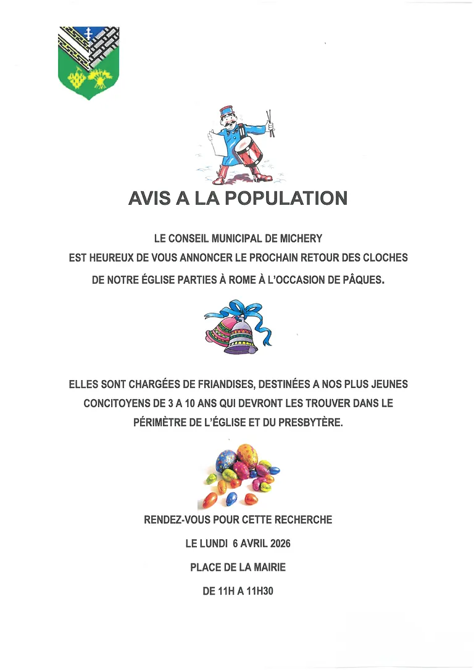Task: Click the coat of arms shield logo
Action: tap(88, 62)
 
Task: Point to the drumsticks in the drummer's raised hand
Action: tap(270, 122)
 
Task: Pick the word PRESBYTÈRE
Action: tap(308, 425)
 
